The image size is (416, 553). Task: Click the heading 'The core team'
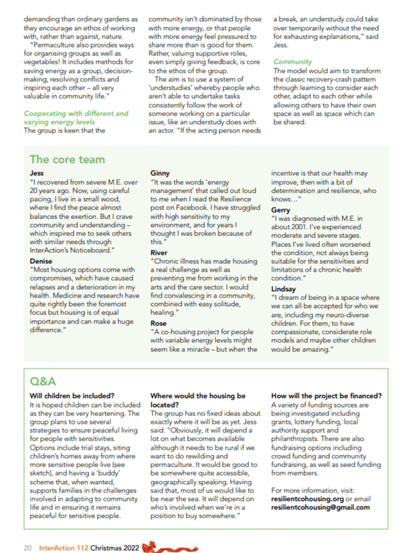coord(68,159)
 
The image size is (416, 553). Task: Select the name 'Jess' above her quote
coord(37,173)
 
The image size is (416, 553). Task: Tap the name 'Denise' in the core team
coord(41,261)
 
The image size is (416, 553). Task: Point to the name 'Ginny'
coord(160,173)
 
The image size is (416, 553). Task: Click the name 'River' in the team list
coord(159,252)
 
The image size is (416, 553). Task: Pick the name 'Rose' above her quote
coord(158,323)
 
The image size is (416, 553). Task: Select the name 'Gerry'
coord(280,210)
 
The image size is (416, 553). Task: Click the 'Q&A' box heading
coord(43,382)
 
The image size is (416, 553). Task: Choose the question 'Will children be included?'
coord(72,395)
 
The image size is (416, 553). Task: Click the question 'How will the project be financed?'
coord(326,395)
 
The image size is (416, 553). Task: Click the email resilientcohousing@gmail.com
coord(320,507)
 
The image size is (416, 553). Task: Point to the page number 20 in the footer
coord(28,547)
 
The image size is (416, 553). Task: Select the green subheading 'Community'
coord(293,62)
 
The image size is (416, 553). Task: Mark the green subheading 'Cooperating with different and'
coord(76,113)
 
